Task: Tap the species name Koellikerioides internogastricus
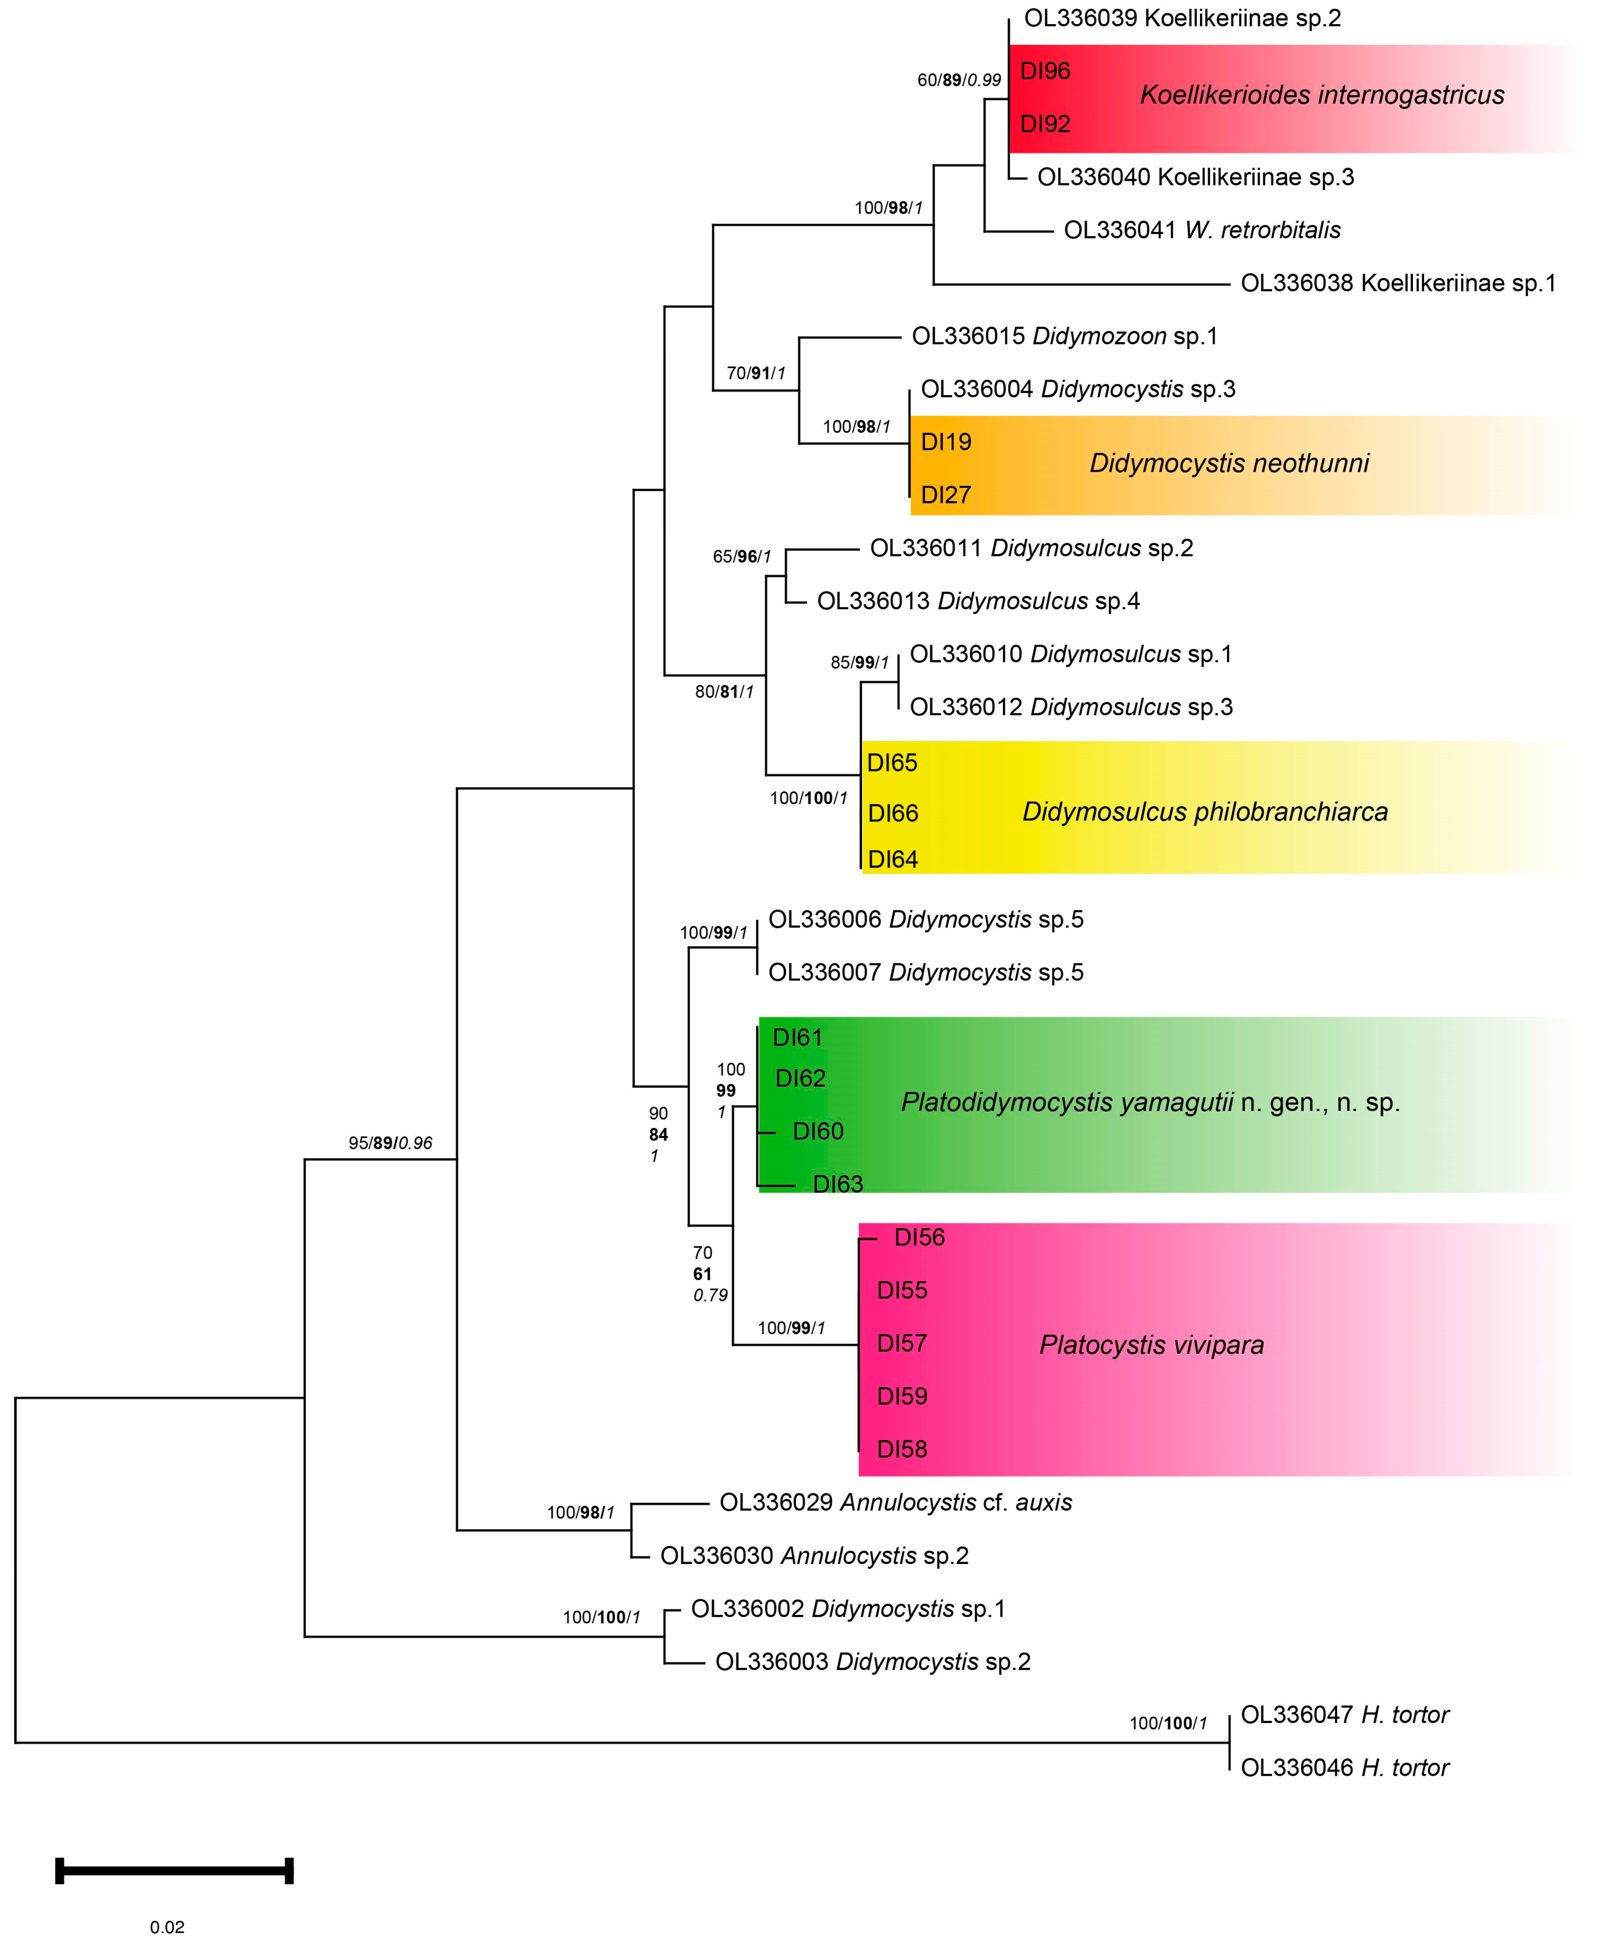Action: (x=1321, y=95)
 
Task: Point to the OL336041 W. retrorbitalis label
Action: (x=1202, y=230)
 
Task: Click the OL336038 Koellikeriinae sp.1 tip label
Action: (x=1397, y=283)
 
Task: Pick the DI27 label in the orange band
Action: (x=946, y=495)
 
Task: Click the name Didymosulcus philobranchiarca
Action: (x=1204, y=812)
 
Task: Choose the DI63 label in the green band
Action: (x=837, y=1184)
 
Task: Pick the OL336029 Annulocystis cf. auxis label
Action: (x=895, y=1502)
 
